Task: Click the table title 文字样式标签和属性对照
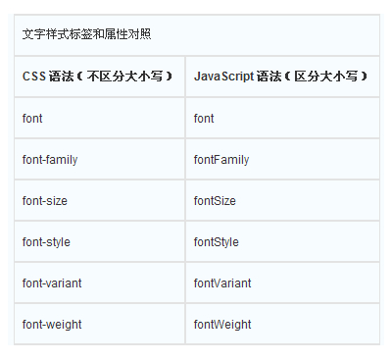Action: tap(86, 34)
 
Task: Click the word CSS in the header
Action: tap(34, 77)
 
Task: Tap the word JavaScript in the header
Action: tap(223, 77)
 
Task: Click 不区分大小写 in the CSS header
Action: tap(124, 77)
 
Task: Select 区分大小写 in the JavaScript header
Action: tap(326, 77)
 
